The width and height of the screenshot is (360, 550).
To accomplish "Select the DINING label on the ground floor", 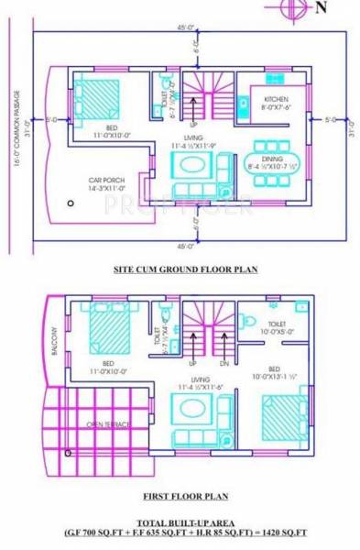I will click(272, 159).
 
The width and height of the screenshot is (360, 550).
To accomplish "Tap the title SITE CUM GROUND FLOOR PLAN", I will click(184, 269).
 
